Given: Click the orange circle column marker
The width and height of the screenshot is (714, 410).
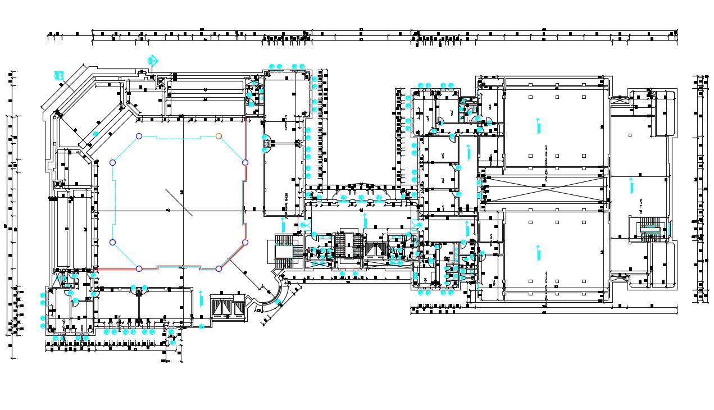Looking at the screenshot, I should [x=219, y=136].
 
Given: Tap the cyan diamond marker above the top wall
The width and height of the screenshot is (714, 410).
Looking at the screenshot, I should [x=152, y=60].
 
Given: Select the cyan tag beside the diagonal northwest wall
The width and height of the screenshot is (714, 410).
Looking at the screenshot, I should [x=58, y=75].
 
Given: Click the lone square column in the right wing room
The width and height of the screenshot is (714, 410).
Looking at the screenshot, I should [x=631, y=136].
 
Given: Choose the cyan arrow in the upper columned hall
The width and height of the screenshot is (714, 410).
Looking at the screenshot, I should [x=538, y=126].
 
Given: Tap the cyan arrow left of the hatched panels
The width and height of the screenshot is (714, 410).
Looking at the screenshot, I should [x=201, y=298].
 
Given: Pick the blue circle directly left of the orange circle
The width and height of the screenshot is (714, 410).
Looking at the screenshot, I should [x=139, y=136].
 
